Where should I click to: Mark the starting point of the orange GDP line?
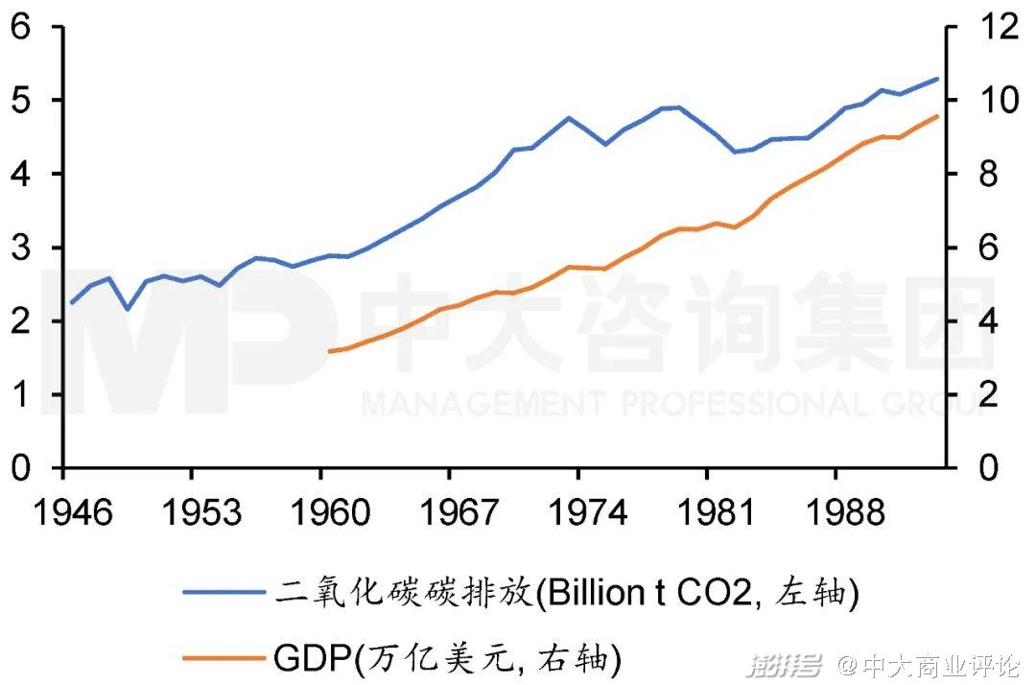tap(329, 351)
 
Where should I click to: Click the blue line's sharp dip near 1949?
tap(128, 309)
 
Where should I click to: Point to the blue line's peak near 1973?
tap(568, 118)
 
